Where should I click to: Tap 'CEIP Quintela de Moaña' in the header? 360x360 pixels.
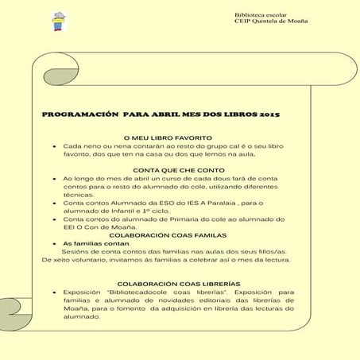269,21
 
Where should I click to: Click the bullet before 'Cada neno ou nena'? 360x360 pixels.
52,147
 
